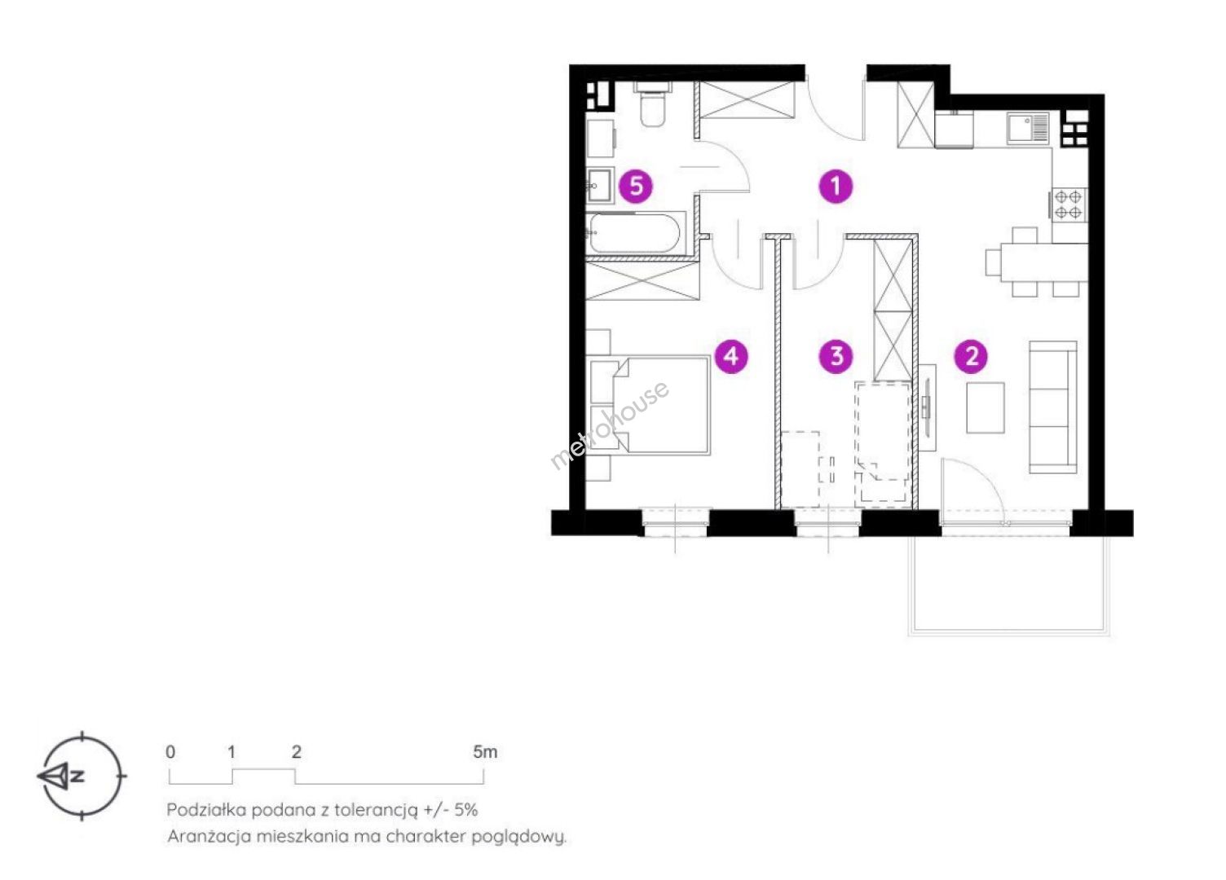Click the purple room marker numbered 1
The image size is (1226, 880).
click(836, 186)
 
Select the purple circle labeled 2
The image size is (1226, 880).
click(971, 357)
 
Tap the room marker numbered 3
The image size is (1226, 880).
click(836, 357)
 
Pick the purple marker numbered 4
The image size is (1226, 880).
click(732, 357)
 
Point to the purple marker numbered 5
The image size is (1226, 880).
click(636, 186)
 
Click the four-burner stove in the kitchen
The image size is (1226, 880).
click(1068, 205)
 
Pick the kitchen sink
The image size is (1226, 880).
click(1029, 127)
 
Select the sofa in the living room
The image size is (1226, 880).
click(1052, 407)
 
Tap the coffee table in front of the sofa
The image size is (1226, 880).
click(986, 407)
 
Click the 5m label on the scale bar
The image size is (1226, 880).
click(485, 752)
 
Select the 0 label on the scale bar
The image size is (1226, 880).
click(170, 752)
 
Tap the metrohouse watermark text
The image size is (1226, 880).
click(609, 425)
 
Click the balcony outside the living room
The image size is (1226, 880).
click(1008, 584)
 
